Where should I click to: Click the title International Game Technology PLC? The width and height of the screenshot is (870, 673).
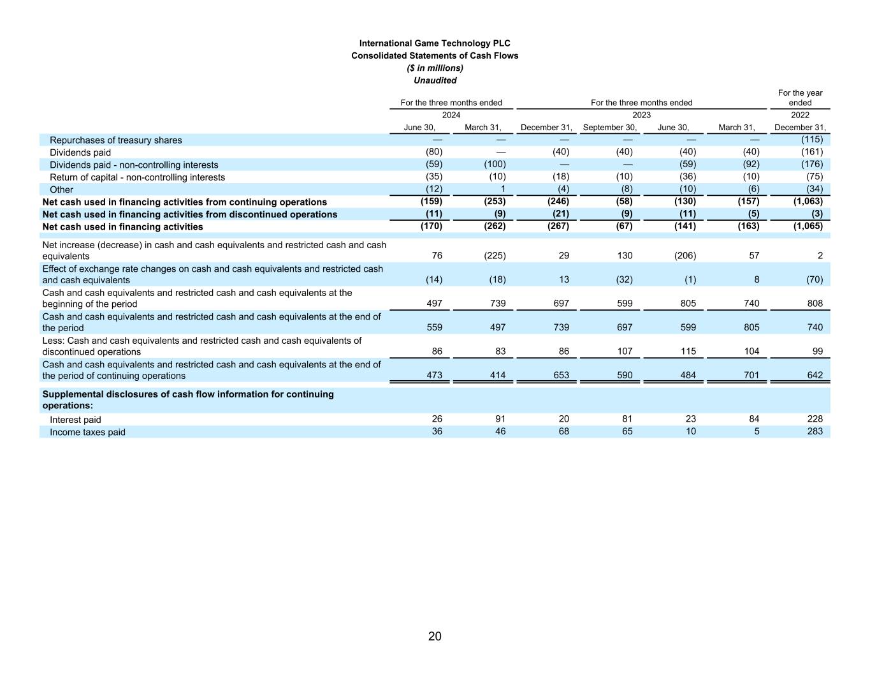click(x=435, y=43)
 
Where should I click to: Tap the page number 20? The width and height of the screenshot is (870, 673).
click(x=435, y=636)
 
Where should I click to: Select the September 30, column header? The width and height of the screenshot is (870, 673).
click(x=609, y=128)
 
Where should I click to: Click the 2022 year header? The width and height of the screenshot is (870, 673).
click(x=800, y=115)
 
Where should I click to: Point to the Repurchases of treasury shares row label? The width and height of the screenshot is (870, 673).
click(x=115, y=140)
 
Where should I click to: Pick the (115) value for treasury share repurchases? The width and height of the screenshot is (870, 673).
click(x=811, y=140)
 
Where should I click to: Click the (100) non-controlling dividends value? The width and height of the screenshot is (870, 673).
click(x=494, y=165)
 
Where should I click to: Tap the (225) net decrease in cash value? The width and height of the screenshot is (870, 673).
click(x=494, y=256)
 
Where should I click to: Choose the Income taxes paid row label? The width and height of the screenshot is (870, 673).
click(x=87, y=433)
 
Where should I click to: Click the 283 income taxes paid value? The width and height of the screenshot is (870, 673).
click(x=815, y=431)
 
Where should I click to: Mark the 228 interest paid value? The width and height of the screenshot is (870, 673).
click(x=815, y=419)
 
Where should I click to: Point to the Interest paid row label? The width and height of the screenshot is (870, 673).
click(x=75, y=420)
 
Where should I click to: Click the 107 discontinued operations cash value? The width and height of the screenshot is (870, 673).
click(x=625, y=351)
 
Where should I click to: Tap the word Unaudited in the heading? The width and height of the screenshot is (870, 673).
click(x=435, y=80)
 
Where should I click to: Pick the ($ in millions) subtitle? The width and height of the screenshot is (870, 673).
click(x=435, y=68)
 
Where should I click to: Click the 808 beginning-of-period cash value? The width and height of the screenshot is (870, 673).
click(x=815, y=304)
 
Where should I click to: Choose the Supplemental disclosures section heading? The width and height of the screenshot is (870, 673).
click(x=187, y=400)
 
